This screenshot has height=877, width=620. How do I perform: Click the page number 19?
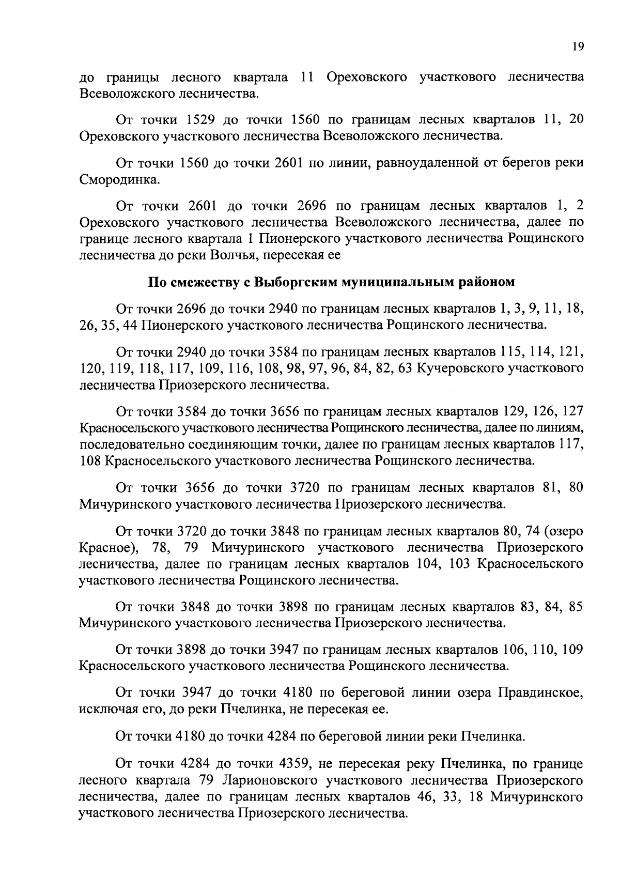point(578,47)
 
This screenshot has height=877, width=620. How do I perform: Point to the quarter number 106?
point(514,650)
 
